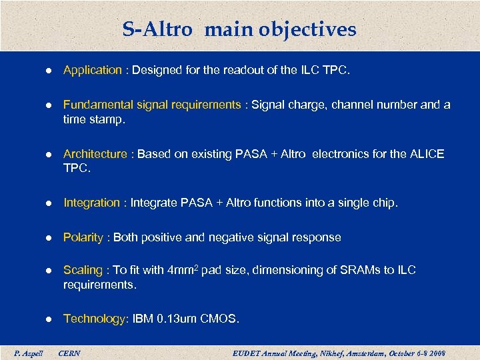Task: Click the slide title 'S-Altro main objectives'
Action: pos(239,29)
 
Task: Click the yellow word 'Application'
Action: pos(93,70)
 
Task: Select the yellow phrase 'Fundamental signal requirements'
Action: pos(152,105)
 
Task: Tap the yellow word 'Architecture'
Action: pos(95,154)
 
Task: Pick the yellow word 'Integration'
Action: pos(92,203)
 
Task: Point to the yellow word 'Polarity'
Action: pos(83,237)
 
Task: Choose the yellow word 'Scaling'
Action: pos(83,270)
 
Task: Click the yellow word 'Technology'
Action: pos(94,319)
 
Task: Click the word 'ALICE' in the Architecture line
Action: pos(427,154)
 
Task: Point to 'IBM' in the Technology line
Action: pos(143,319)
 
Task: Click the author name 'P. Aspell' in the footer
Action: pos(28,353)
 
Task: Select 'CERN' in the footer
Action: pos(69,353)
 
